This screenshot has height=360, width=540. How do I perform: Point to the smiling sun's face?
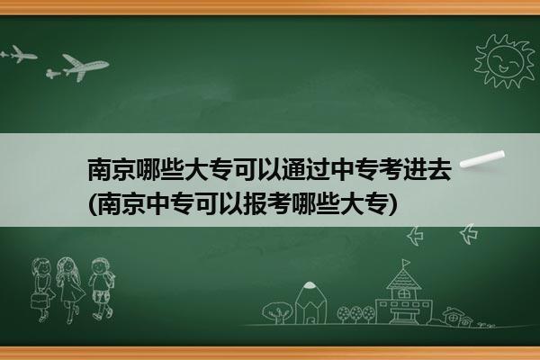tap(505, 60)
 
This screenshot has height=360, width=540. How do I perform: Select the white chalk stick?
tap(482, 159)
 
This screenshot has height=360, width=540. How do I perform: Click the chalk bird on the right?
tap(469, 234)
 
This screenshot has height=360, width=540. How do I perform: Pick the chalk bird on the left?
tap(416, 236)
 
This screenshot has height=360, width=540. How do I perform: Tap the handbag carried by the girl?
tap(40, 301)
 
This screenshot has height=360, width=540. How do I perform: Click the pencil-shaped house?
tap(310, 302)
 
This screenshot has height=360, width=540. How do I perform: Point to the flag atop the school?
tap(407, 263)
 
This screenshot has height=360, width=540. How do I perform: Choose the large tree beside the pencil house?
tap(277, 312)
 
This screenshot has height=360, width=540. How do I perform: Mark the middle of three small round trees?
tap(356, 314)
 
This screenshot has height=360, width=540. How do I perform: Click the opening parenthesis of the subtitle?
tap(93, 204)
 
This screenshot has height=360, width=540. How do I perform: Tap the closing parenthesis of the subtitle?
tap(392, 204)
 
